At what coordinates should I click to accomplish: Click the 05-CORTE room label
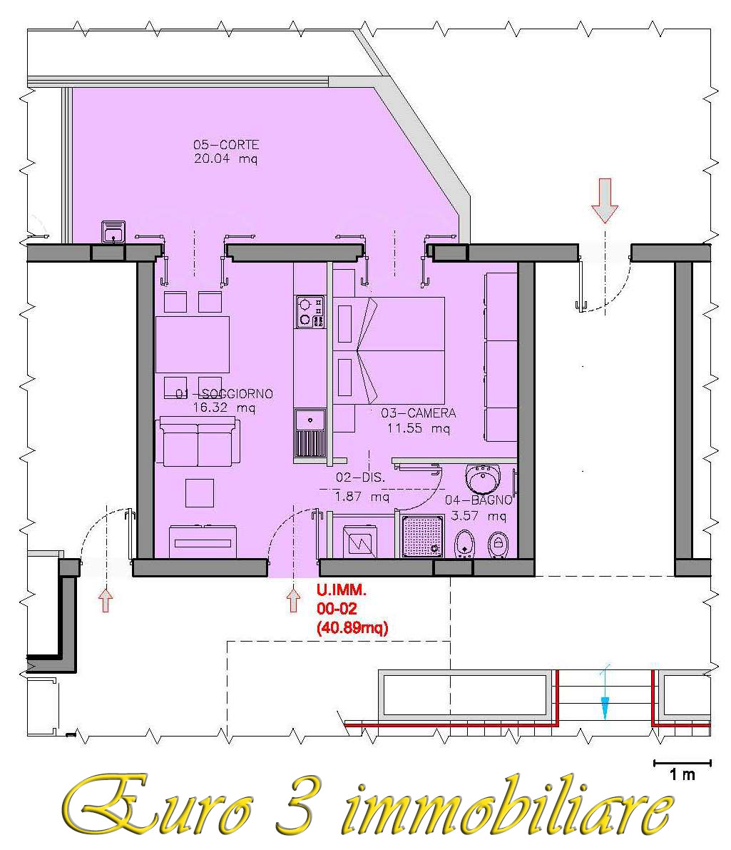[x=226, y=145]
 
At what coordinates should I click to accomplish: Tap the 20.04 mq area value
[x=225, y=159]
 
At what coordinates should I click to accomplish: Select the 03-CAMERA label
[x=418, y=413]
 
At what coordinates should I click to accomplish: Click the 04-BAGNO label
[x=479, y=500]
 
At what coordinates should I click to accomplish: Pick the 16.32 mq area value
[x=224, y=408]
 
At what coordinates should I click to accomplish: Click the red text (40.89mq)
[x=352, y=628]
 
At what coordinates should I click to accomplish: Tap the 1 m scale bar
[x=683, y=763]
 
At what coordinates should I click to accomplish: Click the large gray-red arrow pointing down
[x=605, y=201]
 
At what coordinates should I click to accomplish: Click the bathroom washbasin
[x=484, y=479]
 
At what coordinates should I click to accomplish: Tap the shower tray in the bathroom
[x=423, y=536]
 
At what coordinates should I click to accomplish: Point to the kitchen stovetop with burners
[x=310, y=312]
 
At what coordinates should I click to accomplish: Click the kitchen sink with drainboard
[x=310, y=433]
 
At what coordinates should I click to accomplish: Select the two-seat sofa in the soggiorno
[x=198, y=442]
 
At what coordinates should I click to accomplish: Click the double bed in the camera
[x=389, y=350]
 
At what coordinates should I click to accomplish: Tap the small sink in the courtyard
[x=113, y=232]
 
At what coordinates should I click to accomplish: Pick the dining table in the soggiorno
[x=193, y=345]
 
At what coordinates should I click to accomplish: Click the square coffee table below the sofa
[x=200, y=492]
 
